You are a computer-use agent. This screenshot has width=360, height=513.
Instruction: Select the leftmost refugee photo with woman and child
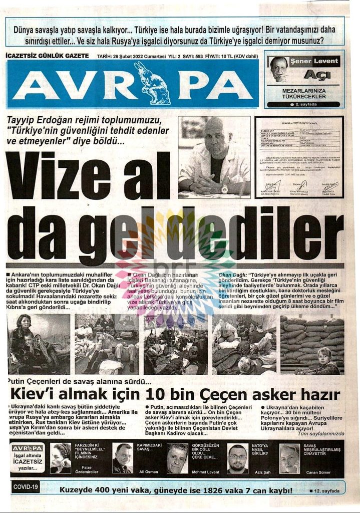click(x=39, y=344)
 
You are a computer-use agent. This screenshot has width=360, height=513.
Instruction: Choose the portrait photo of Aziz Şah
click(x=237, y=458)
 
